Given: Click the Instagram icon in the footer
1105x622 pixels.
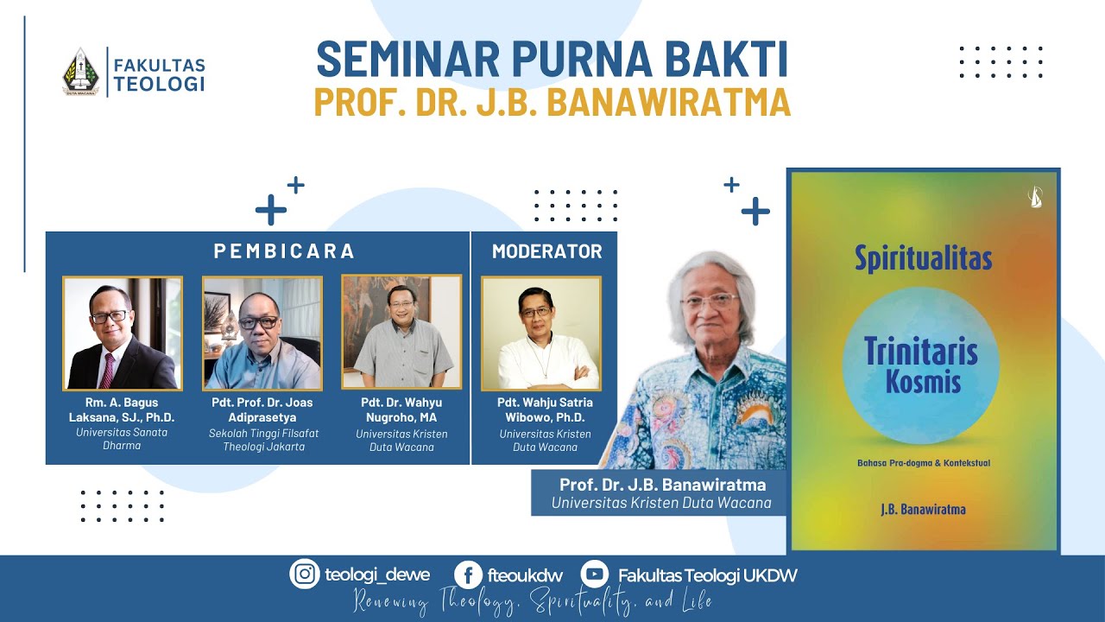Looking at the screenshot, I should [x=304, y=574].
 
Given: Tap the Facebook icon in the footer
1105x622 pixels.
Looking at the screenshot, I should [x=468, y=574].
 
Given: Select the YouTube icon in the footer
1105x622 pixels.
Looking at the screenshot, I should [x=594, y=574].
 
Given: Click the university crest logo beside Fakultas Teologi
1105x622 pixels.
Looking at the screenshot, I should [x=80, y=72].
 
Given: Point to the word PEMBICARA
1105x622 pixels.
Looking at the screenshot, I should [x=284, y=251].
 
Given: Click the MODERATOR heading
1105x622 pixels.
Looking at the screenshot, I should [x=546, y=251].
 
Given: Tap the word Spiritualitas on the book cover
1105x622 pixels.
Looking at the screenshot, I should [x=923, y=258].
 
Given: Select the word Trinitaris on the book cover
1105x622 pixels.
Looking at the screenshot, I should [x=920, y=352].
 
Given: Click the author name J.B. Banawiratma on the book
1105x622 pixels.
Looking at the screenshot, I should [x=923, y=509].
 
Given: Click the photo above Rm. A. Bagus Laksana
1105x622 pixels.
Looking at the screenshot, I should [x=123, y=333].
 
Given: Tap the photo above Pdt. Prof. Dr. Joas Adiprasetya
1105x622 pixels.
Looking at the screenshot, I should [x=262, y=333].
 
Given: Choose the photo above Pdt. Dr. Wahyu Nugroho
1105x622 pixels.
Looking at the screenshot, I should [x=401, y=332].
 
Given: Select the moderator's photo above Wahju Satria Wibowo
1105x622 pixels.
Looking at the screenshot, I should [x=540, y=333].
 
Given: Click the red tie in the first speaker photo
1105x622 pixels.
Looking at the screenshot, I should [x=107, y=370].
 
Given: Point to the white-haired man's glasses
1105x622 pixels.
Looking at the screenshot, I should [x=710, y=301].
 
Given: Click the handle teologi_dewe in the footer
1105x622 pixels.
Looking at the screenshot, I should [x=377, y=575].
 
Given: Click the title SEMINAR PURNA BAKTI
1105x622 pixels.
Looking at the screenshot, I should [x=552, y=60].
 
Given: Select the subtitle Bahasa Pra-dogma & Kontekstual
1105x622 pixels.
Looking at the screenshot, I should [x=923, y=463].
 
